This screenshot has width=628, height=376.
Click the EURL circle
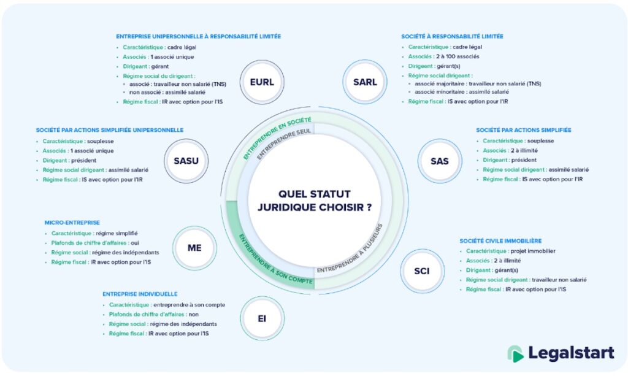[262, 82]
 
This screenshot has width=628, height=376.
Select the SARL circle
[365, 82]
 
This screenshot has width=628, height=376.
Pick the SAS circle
[439, 161]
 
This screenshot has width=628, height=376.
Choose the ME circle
[194, 248]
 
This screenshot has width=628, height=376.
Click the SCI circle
[421, 271]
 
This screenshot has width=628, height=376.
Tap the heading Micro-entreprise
[72, 223]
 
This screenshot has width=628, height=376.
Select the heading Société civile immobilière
[500, 240]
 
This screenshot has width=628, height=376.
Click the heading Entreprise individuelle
[140, 294]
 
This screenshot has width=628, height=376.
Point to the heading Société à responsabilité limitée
[452, 36]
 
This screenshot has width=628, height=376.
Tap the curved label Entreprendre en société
[276, 136]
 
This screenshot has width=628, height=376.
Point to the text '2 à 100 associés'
[458, 56]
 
